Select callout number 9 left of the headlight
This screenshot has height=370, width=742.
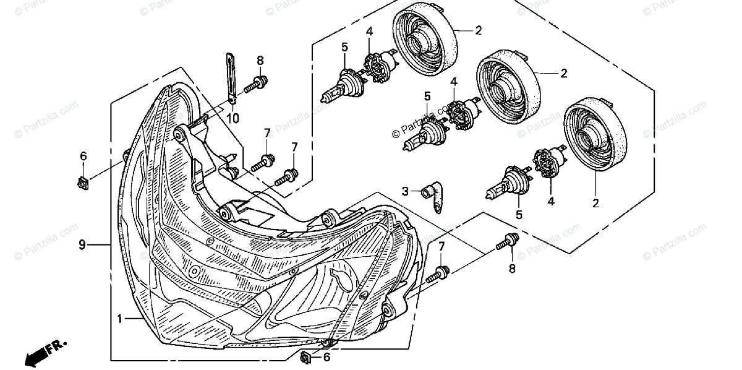82,245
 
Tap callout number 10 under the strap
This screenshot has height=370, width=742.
234,118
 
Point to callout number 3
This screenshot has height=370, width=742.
405,191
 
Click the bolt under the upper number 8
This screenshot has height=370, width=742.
257,84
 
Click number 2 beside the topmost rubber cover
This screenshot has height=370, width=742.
478,29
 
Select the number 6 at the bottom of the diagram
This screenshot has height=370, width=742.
326,357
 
